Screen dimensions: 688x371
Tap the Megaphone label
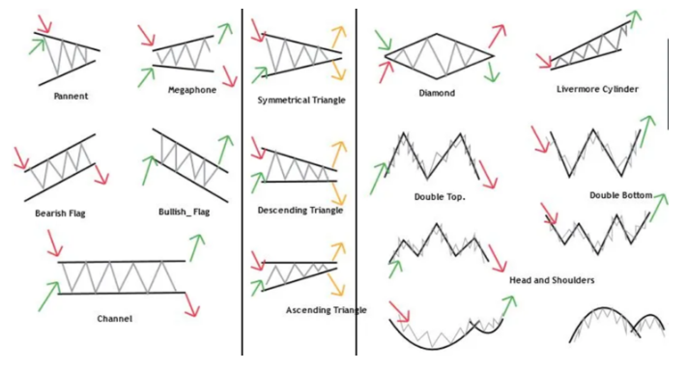[191, 90]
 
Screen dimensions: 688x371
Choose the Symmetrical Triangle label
[301, 100]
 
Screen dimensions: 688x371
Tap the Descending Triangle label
[300, 210]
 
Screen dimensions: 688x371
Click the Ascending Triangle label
[327, 310]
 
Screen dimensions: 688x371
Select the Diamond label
[437, 94]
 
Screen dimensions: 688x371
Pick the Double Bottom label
[620, 194]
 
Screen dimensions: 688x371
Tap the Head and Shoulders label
[551, 280]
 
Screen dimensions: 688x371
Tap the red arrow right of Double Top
[486, 174]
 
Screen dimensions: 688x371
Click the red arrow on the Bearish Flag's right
[101, 176]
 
